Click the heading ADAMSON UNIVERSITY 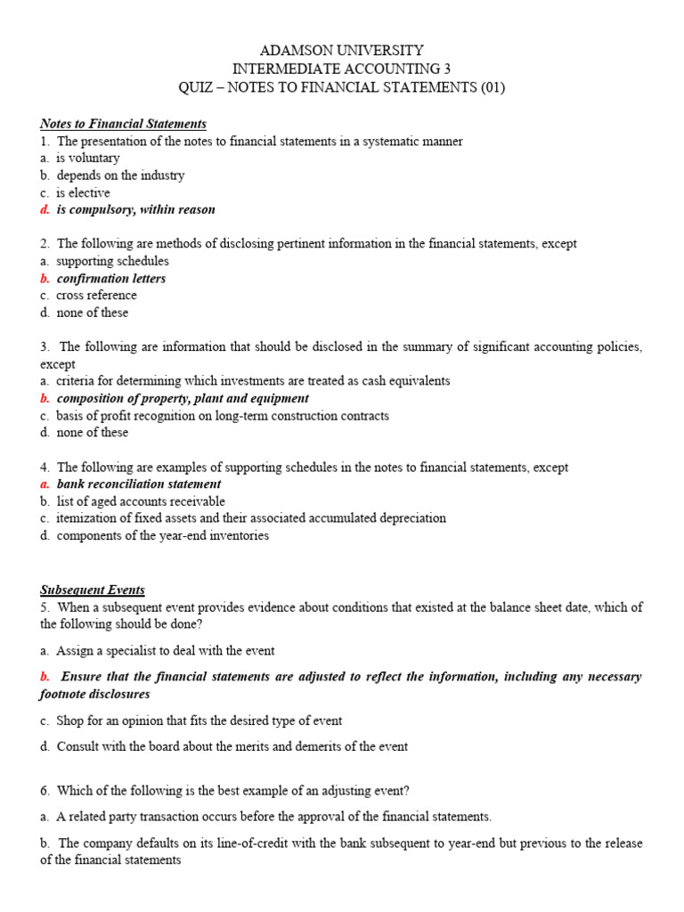point(341,50)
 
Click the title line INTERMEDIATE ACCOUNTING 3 point(341,69)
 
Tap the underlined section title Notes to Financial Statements point(123,124)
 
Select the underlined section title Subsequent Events point(92,590)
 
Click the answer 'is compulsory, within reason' point(135,210)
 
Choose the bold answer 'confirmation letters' point(110,279)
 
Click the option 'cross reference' point(96,296)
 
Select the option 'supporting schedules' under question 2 point(112,262)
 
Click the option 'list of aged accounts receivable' point(141,501)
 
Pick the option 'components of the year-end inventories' point(162,536)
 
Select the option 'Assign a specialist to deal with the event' point(166,650)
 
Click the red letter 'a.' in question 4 point(45,484)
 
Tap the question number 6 point(45,790)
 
